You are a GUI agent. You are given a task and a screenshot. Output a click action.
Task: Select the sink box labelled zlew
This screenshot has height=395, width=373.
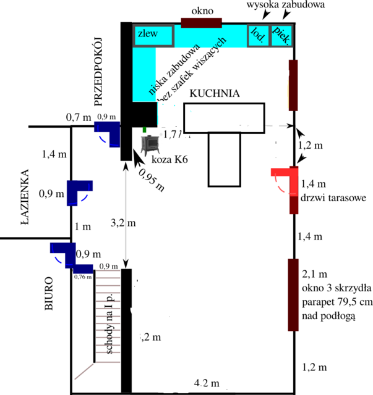click(148, 34)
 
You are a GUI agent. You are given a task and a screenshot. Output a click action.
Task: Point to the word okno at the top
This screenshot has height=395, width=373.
click(202, 11)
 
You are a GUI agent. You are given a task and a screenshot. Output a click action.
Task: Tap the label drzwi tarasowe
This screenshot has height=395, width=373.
click(334, 198)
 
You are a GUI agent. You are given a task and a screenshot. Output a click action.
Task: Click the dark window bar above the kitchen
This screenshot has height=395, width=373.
click(202, 23)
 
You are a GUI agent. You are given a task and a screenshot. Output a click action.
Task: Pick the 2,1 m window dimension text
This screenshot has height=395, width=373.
click(315, 273)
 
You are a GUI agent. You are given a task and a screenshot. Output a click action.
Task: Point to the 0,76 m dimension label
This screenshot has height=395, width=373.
click(83, 277)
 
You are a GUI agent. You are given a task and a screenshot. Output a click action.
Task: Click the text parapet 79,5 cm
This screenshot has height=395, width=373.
click(335, 302)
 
